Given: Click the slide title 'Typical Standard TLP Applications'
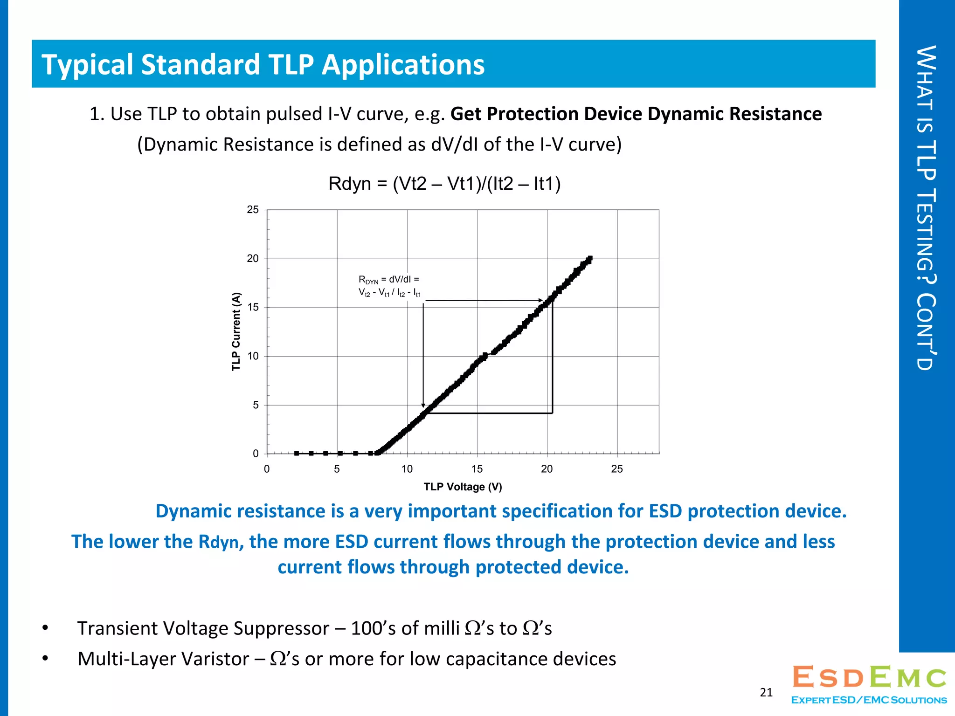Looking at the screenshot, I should tap(263, 64).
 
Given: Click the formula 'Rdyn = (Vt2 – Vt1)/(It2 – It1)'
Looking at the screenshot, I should tap(444, 184).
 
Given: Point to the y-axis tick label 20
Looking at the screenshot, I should tap(253, 259).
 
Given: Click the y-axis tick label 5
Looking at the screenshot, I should tap(256, 405).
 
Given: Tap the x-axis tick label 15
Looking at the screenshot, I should tap(477, 469).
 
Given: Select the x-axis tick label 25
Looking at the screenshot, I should tap(616, 469).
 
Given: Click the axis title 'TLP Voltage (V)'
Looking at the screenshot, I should tap(463, 487).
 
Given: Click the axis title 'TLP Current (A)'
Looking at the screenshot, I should tap(236, 331).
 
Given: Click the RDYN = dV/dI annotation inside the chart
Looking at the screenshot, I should tap(389, 286).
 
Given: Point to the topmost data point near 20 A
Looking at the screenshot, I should tap(590, 258).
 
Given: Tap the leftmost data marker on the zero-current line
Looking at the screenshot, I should tap(297, 453).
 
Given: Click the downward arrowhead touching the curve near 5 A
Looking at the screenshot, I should tap(423, 406).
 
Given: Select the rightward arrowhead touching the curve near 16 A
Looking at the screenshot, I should tap(540, 301).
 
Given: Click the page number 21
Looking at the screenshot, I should tap(766, 692).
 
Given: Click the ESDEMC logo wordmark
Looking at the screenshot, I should tap(869, 677).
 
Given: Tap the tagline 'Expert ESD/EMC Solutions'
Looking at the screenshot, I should tap(869, 700).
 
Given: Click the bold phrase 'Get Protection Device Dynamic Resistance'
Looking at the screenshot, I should tap(636, 114).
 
